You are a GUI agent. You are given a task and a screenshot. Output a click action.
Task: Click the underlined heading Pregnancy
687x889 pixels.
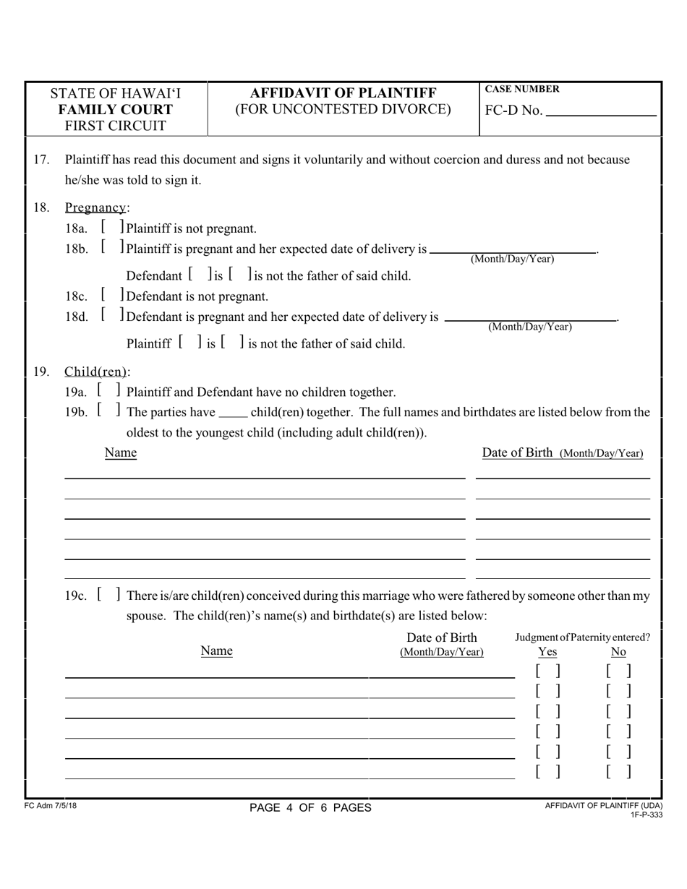[x=95, y=208]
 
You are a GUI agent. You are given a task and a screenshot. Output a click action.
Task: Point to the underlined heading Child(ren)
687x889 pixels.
[x=96, y=372]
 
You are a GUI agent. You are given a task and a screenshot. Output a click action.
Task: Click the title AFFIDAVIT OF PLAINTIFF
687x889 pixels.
[x=343, y=93]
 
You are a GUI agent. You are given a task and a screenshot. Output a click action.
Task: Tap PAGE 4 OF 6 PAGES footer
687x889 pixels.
[x=310, y=808]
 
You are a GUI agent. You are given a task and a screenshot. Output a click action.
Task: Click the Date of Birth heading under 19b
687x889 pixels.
[x=563, y=453]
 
